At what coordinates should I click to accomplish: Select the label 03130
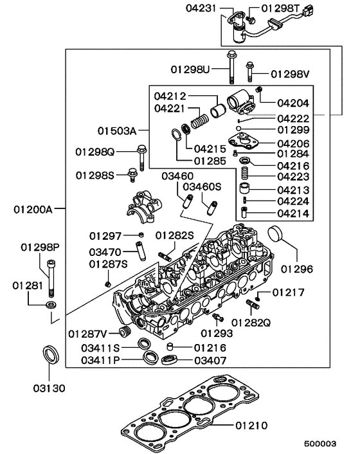click(50, 388)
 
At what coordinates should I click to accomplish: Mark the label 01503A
click(118, 131)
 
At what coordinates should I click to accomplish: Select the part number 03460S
click(202, 186)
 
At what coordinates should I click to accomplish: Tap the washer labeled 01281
click(51, 302)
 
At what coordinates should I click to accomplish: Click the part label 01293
click(215, 333)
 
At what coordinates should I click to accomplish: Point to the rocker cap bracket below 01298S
click(145, 207)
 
